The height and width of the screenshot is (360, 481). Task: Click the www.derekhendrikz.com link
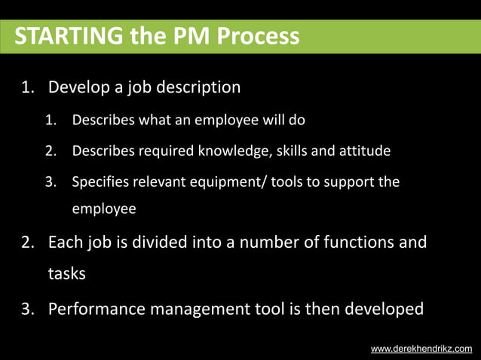click(421, 349)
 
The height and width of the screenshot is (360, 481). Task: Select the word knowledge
click(232, 151)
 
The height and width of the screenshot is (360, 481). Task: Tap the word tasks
click(66, 273)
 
